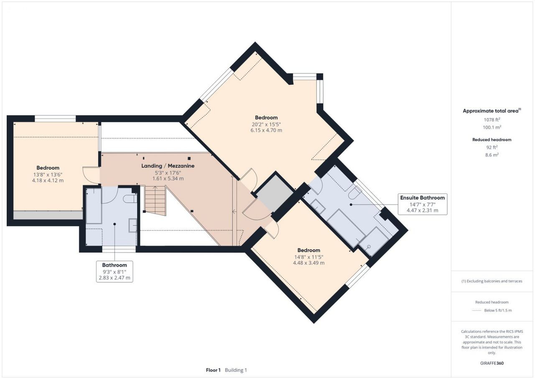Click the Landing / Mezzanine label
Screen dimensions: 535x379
point(168,166)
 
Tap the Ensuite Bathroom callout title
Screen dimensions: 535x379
point(422,198)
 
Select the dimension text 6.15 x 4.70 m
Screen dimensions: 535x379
point(266,130)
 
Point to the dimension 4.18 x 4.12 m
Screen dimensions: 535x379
point(48,180)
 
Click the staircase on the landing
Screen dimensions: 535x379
point(155,201)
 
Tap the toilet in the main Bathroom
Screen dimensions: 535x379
point(130,199)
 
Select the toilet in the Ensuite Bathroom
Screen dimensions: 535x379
point(355,192)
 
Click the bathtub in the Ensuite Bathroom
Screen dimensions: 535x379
point(346,228)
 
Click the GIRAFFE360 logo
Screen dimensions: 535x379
point(492,363)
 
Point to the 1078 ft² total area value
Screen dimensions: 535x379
point(492,120)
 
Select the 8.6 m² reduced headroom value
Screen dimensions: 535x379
point(492,155)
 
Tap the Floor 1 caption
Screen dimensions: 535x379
point(213,370)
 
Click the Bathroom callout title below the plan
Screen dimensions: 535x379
point(115,265)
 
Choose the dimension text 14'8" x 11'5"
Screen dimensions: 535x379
point(308,257)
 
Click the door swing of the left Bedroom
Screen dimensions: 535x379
point(91,175)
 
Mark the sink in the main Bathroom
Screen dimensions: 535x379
point(133,225)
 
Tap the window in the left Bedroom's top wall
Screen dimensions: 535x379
point(56,119)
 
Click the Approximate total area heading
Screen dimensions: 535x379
point(492,110)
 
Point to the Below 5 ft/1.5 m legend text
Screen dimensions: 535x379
point(498,310)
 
